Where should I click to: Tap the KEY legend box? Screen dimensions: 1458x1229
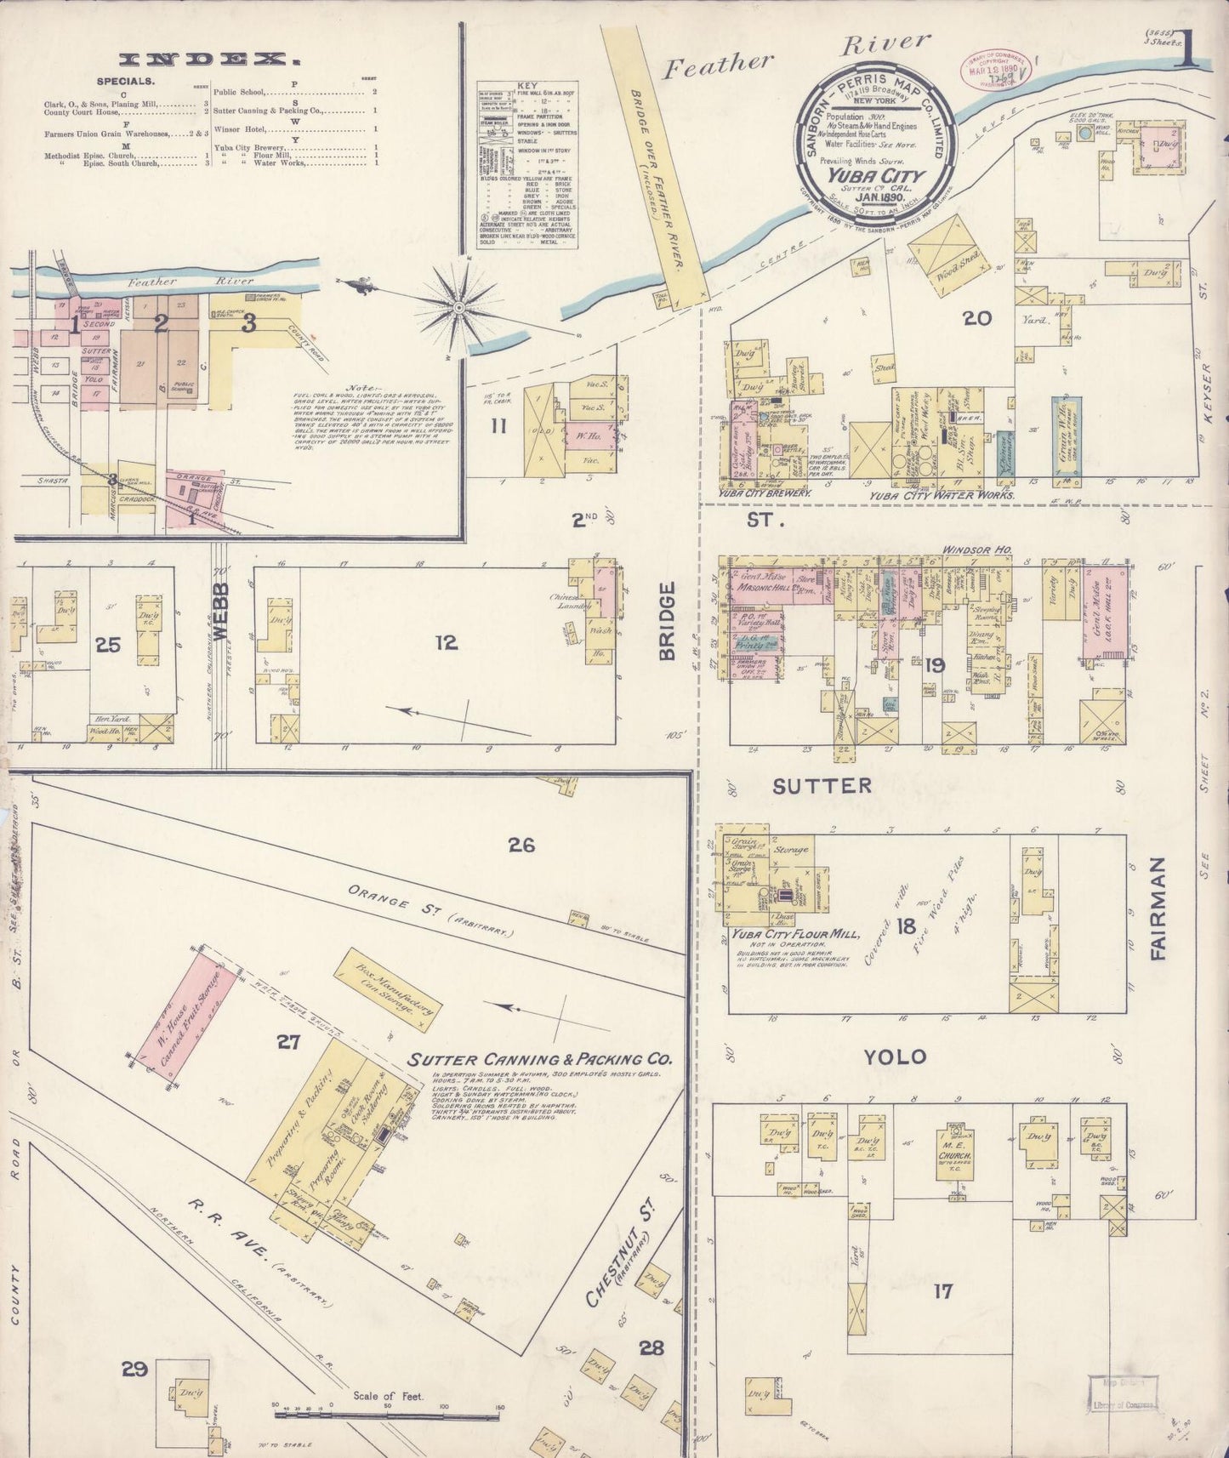click(527, 164)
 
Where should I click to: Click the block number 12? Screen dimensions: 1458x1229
click(447, 642)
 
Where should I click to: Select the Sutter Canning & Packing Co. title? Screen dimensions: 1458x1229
click(540, 1060)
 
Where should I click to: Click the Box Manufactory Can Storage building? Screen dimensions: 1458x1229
click(388, 992)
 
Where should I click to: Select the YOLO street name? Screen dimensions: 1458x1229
click(895, 1057)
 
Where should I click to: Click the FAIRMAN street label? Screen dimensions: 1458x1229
click(1157, 909)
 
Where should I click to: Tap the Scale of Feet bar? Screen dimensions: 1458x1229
click(387, 1416)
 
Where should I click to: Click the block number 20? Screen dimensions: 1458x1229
click(977, 318)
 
